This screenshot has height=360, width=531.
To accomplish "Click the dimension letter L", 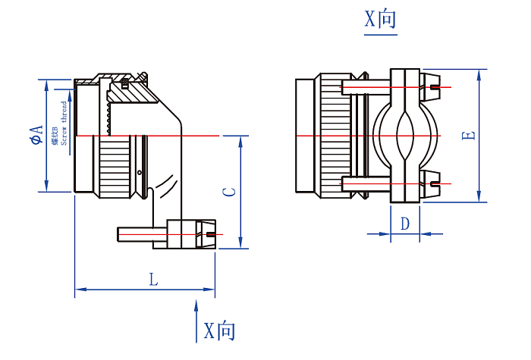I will click(153, 280).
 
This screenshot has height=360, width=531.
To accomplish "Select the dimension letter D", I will click(405, 224).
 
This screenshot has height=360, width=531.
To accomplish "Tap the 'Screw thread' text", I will click(64, 121).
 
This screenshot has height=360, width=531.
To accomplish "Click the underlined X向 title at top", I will click(379, 20).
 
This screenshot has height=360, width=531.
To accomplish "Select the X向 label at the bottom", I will click(220, 331).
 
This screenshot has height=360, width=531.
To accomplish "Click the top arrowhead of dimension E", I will click(480, 74).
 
